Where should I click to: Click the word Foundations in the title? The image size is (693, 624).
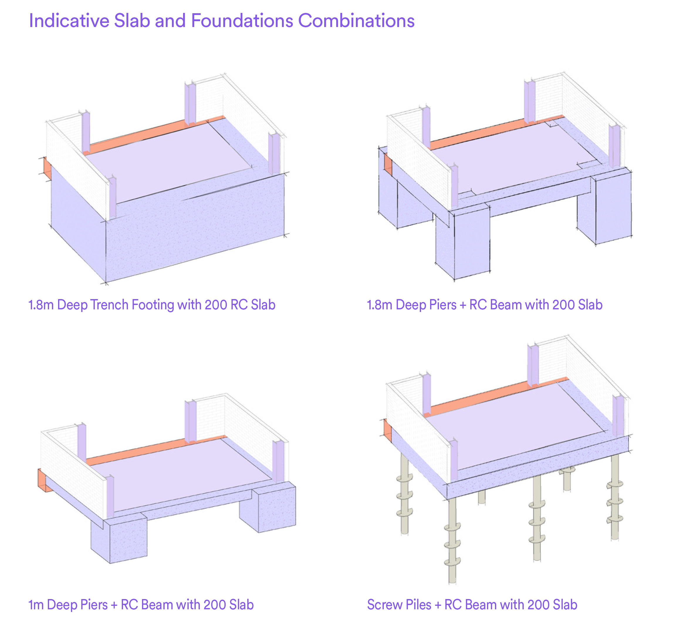[242, 21]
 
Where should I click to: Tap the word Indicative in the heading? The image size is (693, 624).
[69, 21]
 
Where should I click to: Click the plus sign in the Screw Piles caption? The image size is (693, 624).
[438, 605]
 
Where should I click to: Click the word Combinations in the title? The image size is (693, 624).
[356, 21]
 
